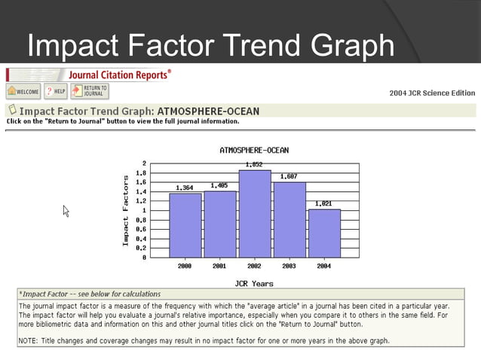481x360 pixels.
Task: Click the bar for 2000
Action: (185, 225)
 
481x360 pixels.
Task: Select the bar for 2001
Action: (219, 224)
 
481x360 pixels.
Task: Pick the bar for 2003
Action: (289, 220)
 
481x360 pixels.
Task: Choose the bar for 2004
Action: (323, 233)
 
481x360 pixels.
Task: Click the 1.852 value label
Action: (254, 164)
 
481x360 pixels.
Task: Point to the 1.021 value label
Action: (323, 203)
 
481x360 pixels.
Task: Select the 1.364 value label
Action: (185, 188)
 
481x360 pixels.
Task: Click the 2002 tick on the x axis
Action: (254, 266)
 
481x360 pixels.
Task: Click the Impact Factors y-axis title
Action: (126, 210)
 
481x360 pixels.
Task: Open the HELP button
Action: (55, 91)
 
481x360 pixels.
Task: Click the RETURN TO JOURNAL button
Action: (90, 91)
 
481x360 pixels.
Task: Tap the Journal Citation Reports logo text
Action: (118, 75)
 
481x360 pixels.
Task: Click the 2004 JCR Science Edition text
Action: (432, 93)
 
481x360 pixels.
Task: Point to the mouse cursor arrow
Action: (66, 211)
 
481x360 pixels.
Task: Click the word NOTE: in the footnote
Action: (29, 340)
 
